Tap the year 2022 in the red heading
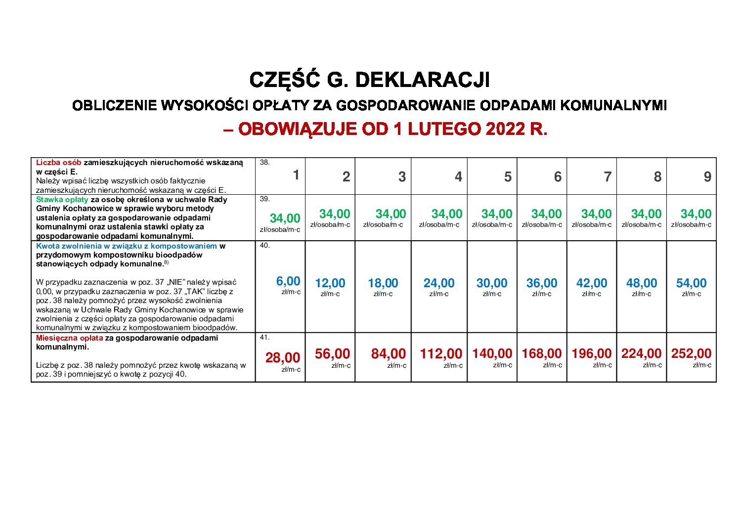pyautogui.click(x=504, y=129)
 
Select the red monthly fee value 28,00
pyautogui.click(x=283, y=357)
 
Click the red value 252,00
pyautogui.click(x=691, y=353)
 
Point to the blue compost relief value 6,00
pyautogui.click(x=288, y=281)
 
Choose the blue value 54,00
pyautogui.click(x=691, y=283)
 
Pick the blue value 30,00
pyautogui.click(x=492, y=283)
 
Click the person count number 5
pyautogui.click(x=508, y=177)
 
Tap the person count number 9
pyautogui.click(x=707, y=177)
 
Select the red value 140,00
pyautogui.click(x=492, y=353)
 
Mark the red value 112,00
pyautogui.click(x=441, y=353)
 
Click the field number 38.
pyautogui.click(x=264, y=162)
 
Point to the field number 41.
pyautogui.click(x=264, y=338)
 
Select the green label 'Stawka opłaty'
pyautogui.click(x=62, y=200)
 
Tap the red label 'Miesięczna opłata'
pyautogui.click(x=70, y=338)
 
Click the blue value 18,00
pyautogui.click(x=383, y=283)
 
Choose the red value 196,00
pyautogui.click(x=591, y=353)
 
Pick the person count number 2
pyautogui.click(x=346, y=177)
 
